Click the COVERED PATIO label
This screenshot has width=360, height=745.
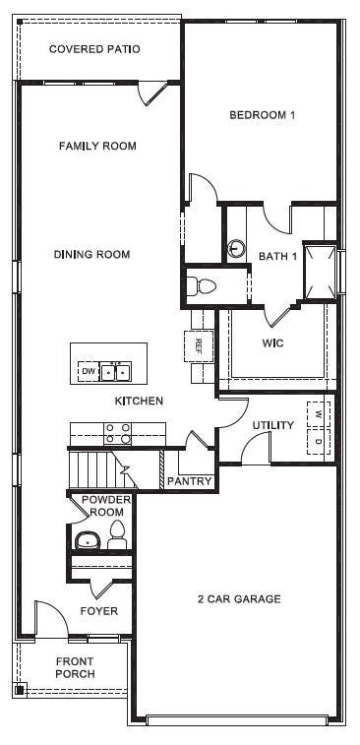(x=94, y=48)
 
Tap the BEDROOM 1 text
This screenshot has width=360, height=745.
(x=263, y=115)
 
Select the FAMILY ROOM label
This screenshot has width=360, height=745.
(x=96, y=147)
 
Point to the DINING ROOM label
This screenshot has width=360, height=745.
(x=91, y=255)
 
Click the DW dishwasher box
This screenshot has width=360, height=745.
(x=89, y=372)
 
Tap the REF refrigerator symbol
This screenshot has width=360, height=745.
(x=198, y=346)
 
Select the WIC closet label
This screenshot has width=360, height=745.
(x=272, y=343)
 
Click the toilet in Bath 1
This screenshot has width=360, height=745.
(x=202, y=286)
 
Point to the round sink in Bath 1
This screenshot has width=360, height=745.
(x=236, y=248)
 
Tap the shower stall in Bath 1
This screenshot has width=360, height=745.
(x=319, y=269)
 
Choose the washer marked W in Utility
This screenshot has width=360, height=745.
(x=319, y=412)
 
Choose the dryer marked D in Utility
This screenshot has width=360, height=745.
(x=319, y=440)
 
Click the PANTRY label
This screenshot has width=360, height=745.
(x=189, y=481)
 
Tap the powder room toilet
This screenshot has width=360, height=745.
(x=117, y=535)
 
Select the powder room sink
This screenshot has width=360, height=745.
(x=87, y=540)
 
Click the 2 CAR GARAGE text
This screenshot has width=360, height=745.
(x=239, y=599)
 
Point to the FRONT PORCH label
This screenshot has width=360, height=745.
(x=75, y=667)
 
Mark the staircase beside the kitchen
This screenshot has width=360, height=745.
(x=98, y=464)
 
